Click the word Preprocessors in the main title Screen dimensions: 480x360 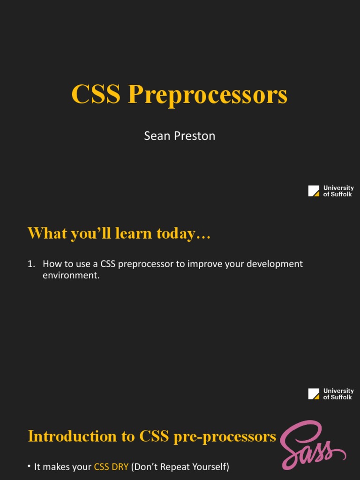coord(208,95)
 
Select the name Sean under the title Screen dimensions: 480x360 coord(157,136)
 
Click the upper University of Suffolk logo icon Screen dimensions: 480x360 coord(314,191)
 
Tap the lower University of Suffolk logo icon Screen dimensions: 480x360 coord(314,394)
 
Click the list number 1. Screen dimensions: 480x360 coord(30,264)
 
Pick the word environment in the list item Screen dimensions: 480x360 coord(71,275)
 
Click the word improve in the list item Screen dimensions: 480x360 coord(204,264)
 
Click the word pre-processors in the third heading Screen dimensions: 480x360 coord(225,437)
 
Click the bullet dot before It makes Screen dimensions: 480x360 coord(30,466)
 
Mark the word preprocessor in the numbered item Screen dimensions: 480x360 coord(146,264)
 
